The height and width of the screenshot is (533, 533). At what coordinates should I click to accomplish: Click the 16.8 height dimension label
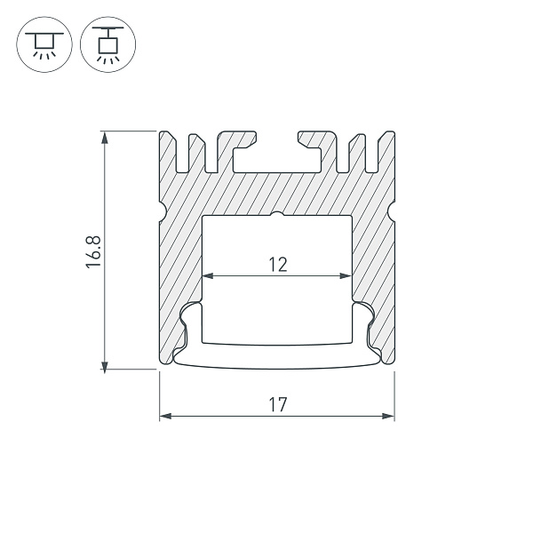(93, 251)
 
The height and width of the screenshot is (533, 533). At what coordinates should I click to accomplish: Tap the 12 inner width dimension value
(278, 265)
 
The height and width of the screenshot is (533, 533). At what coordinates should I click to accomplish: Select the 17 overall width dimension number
(278, 404)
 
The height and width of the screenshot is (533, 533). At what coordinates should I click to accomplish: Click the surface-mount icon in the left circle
(44, 44)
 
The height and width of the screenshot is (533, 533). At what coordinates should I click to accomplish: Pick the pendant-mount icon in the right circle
(108, 44)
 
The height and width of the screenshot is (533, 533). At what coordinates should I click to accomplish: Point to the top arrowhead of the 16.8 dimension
(105, 138)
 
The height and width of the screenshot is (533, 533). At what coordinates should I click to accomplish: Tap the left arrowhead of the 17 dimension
(165, 416)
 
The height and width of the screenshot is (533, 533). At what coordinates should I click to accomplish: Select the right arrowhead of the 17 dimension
(388, 416)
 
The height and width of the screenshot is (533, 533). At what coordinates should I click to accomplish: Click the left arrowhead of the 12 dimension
(208, 275)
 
